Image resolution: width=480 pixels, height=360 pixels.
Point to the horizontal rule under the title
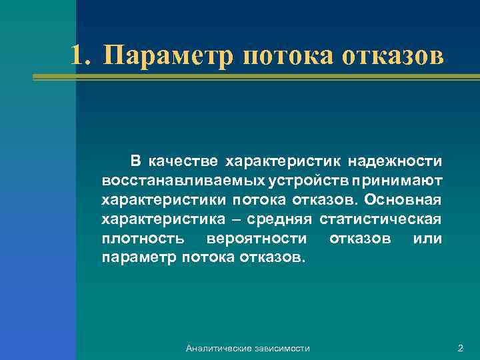point(256,77)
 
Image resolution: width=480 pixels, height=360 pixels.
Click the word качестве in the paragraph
point(183,161)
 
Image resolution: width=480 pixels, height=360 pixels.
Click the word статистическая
point(381,219)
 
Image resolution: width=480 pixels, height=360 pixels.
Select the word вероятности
point(257,238)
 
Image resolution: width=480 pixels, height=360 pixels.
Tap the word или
point(427,238)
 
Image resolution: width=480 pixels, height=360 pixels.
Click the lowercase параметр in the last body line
point(137,257)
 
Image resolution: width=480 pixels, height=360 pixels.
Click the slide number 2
point(460,348)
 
